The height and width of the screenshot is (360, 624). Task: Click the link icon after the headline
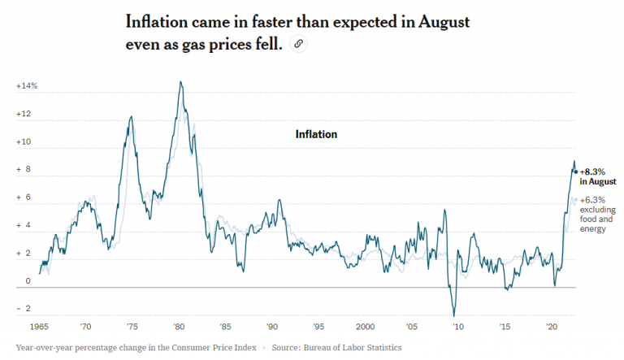pyautogui.click(x=299, y=45)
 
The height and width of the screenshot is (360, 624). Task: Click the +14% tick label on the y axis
pyautogui.click(x=27, y=86)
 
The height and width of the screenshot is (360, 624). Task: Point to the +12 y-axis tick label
pyautogui.click(x=24, y=114)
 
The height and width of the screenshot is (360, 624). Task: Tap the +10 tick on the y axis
pyautogui.click(x=24, y=142)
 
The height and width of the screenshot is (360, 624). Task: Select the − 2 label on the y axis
pyautogui.click(x=24, y=309)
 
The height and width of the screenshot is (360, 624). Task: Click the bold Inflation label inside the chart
pyautogui.click(x=316, y=134)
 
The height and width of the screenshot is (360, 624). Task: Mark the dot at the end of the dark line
pyautogui.click(x=576, y=171)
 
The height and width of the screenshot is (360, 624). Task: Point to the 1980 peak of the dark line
pyautogui.click(x=180, y=81)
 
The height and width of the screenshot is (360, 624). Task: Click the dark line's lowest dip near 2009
pyautogui.click(x=454, y=315)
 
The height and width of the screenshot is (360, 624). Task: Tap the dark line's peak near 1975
pyautogui.click(x=131, y=117)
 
